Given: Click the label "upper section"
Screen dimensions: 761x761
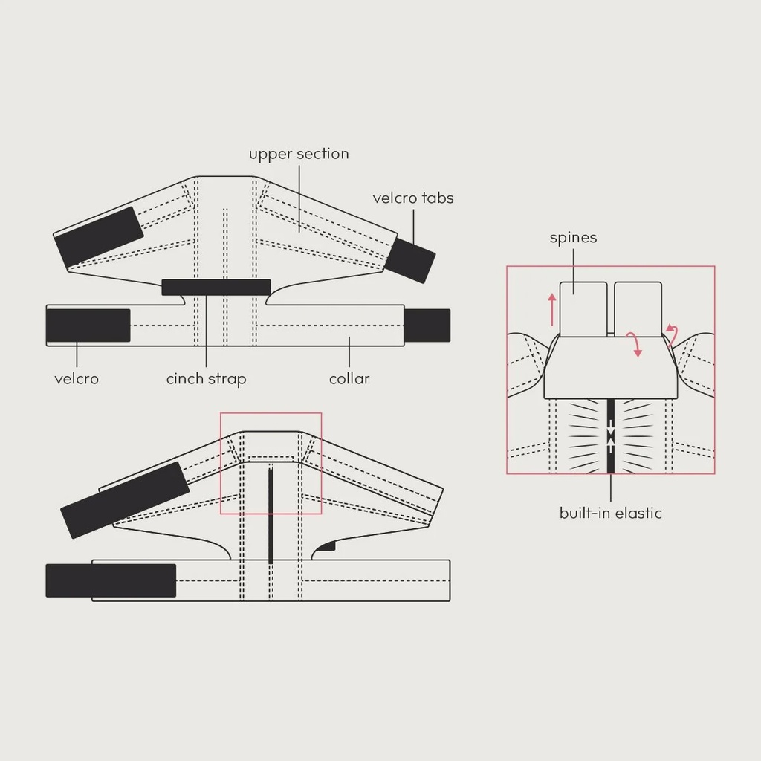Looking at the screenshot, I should tap(299, 154).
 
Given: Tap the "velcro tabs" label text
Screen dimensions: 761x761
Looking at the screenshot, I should tap(412, 198).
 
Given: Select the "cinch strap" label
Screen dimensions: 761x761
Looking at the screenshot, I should tap(206, 379).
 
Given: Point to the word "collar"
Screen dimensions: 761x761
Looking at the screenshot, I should tap(349, 379).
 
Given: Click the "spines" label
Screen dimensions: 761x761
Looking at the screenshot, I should tap(573, 238).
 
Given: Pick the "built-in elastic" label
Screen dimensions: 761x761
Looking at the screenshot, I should tap(610, 513).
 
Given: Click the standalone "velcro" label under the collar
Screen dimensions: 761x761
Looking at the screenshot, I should tap(76, 379).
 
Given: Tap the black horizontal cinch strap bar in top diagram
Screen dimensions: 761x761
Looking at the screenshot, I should tap(216, 287).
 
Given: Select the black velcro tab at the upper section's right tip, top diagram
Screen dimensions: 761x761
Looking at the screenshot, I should tap(410, 260).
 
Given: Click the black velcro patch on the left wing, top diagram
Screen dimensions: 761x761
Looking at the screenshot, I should tap(99, 237).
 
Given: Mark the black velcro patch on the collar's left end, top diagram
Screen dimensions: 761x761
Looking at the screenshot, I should tap(88, 326).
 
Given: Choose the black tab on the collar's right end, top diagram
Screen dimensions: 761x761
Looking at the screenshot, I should tap(427, 326).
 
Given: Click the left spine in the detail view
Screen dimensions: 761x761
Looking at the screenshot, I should tap(583, 309).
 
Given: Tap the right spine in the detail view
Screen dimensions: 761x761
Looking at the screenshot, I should tap(638, 309).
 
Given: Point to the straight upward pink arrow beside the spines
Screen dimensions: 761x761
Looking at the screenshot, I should tap(552, 309).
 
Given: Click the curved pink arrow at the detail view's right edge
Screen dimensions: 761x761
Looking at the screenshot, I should tap(672, 336).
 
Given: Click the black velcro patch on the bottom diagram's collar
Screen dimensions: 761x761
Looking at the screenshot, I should tap(111, 580).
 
